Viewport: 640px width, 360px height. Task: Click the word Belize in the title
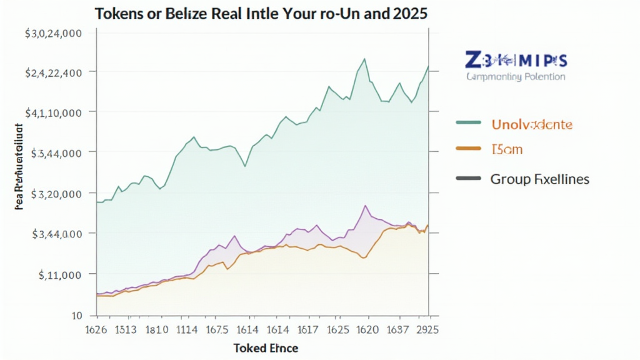[187, 14]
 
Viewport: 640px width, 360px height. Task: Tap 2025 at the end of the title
[406, 14]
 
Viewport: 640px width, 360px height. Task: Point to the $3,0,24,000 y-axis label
[53, 34]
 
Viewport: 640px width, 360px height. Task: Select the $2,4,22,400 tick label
[53, 72]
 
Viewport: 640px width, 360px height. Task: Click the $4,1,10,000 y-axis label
[53, 113]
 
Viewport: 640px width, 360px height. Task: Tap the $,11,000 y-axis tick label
[60, 274]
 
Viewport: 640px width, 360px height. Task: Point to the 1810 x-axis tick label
[156, 328]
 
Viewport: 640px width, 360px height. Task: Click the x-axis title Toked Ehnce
[266, 347]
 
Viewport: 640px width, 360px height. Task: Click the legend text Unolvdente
[531, 124]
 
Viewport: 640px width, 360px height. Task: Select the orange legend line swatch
[469, 149]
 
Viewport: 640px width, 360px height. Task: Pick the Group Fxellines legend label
[539, 179]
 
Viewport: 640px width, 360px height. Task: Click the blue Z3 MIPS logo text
[516, 61]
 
